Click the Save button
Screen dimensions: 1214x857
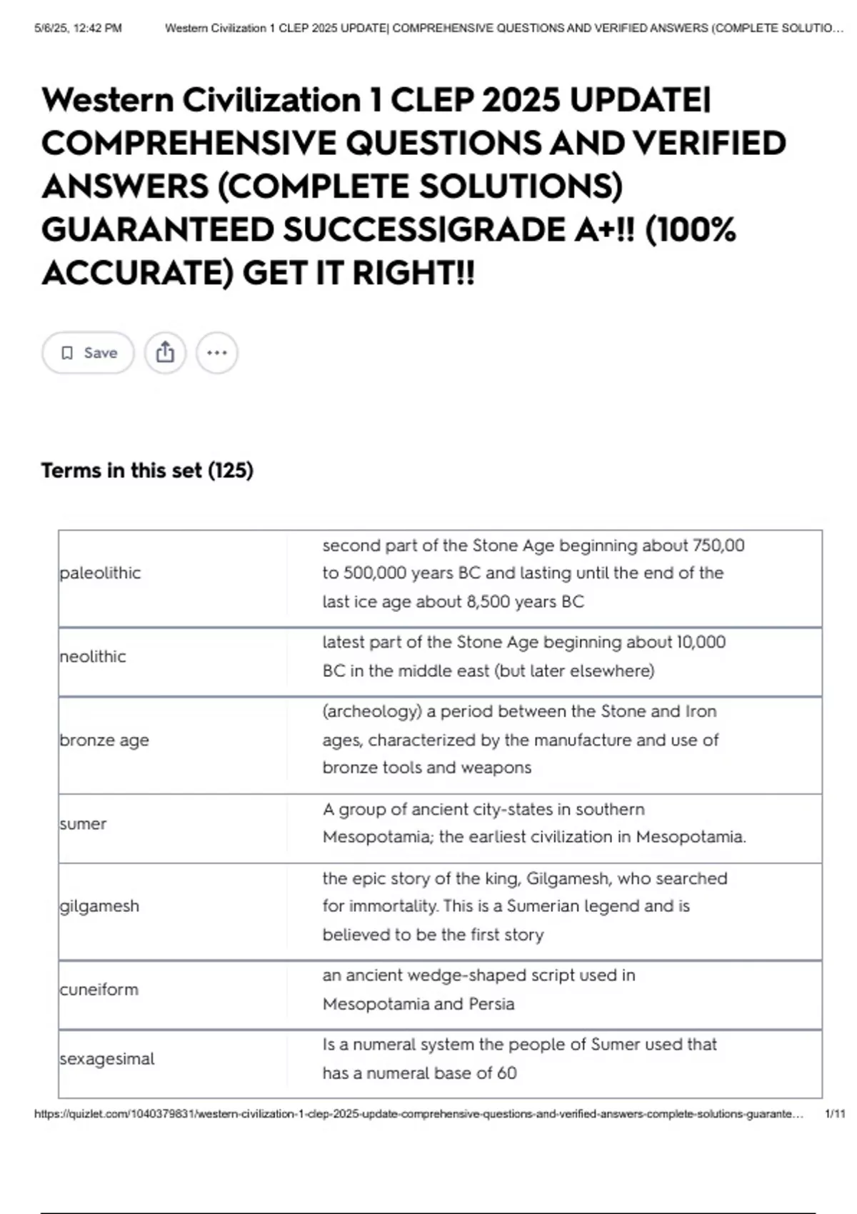coord(88,353)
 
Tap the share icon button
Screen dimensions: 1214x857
coord(165,353)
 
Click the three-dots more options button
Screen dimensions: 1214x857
coord(217,353)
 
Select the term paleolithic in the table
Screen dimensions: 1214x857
coord(100,573)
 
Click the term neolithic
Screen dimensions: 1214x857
coord(93,656)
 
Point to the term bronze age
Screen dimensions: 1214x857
coord(104,740)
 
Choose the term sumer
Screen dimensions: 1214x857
coord(83,823)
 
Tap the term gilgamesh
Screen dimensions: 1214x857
coord(99,906)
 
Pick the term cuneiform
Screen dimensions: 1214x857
coord(99,990)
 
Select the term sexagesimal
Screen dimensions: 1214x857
coord(107,1058)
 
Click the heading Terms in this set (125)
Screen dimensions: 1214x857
coord(147,471)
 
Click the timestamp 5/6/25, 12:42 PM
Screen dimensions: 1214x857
coord(78,29)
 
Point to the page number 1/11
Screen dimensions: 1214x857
coord(834,1114)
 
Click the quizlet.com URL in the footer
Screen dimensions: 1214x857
coord(419,1114)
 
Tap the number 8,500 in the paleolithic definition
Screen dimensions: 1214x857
coord(488,602)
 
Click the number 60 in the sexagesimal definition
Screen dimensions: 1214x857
coord(506,1073)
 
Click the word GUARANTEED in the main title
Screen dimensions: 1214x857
coord(157,230)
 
